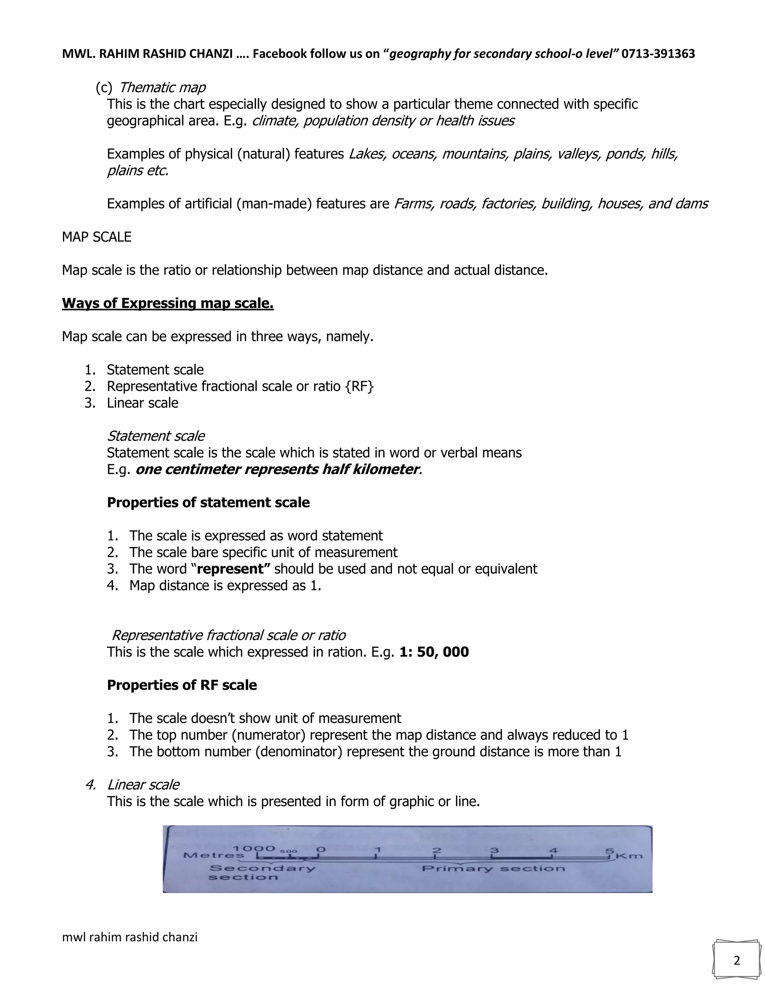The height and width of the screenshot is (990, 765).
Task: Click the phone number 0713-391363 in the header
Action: tap(658, 54)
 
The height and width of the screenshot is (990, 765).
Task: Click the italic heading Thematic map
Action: tap(162, 87)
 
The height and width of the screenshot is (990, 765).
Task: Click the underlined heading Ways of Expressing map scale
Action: tap(168, 303)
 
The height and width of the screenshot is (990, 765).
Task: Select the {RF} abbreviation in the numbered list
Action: tap(359, 386)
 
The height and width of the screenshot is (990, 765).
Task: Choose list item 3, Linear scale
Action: tap(142, 403)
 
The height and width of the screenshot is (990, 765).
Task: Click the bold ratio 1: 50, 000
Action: tap(434, 652)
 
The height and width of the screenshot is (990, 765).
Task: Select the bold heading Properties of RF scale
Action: tap(182, 685)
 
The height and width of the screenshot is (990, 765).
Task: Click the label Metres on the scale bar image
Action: tap(213, 856)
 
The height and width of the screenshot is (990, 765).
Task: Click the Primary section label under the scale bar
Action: tap(493, 869)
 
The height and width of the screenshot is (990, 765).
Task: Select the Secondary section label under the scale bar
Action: tap(262, 872)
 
